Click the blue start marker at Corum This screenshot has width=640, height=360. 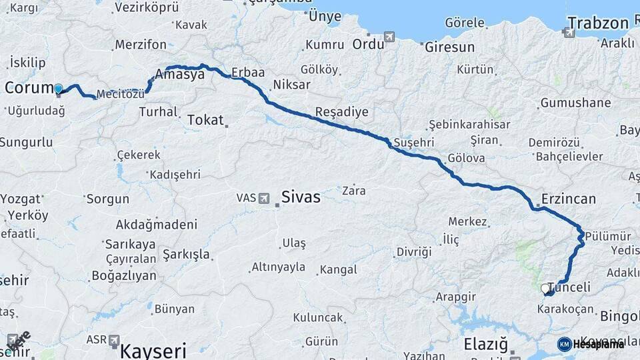59,89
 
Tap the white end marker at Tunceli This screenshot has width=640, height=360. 545,289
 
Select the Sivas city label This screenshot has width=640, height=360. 300,197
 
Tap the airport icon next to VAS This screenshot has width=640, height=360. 264,199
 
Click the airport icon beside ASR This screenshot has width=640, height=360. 114,340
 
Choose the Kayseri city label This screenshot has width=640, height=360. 153,349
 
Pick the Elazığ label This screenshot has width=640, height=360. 485,345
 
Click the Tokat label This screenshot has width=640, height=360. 205,120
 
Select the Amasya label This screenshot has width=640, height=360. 179,75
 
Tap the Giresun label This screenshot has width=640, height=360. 449,47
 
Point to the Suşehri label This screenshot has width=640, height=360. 414,143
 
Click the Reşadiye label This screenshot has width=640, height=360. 341,112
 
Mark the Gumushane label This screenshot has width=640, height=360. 575,103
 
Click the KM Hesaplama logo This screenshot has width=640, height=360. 591,344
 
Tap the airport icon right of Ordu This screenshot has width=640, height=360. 389,37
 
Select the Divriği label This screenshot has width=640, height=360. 414,252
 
